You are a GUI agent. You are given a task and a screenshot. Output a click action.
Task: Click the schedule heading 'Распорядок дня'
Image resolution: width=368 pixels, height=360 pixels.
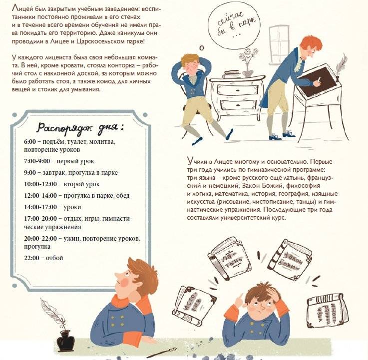pyautogui.click(x=80, y=128)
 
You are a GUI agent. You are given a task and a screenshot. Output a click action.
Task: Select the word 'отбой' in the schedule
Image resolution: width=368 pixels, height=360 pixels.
pyautogui.click(x=54, y=258)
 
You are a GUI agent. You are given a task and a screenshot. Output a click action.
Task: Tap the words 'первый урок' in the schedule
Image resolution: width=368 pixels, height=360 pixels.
pyautogui.click(x=75, y=161)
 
